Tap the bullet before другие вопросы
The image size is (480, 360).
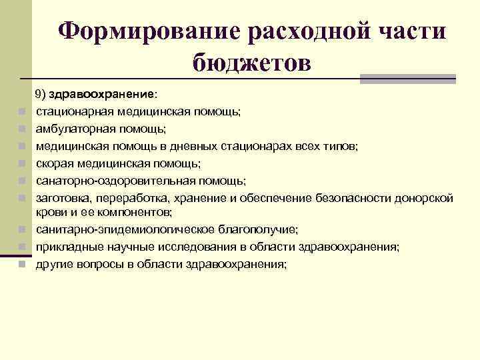tap(22, 265)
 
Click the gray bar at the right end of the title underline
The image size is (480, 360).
tap(408, 79)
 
